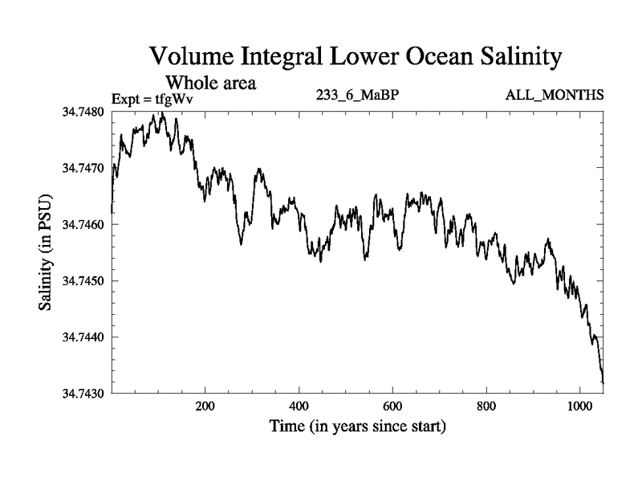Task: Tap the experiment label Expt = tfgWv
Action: tap(153, 99)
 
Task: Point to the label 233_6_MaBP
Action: tap(358, 96)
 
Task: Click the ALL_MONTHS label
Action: tap(554, 96)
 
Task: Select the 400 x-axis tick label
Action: tap(299, 406)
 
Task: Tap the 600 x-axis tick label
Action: tap(392, 406)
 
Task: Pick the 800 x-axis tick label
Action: tap(486, 406)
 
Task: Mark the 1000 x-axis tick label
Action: tap(579, 406)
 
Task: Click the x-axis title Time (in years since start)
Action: tap(356, 427)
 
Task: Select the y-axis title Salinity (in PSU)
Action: tap(46, 253)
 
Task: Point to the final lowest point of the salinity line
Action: tap(603, 382)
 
